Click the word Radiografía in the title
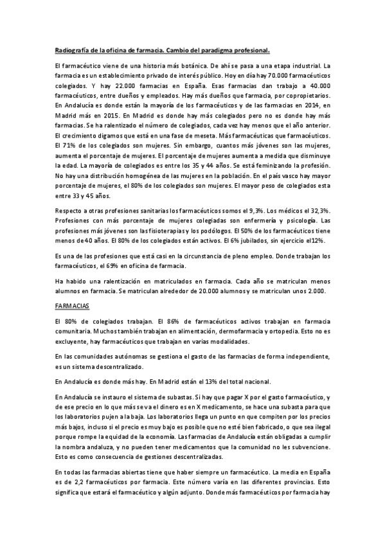click(x=71, y=49)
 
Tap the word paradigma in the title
click(x=213, y=49)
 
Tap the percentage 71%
click(x=71, y=150)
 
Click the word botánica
click(x=188, y=66)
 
